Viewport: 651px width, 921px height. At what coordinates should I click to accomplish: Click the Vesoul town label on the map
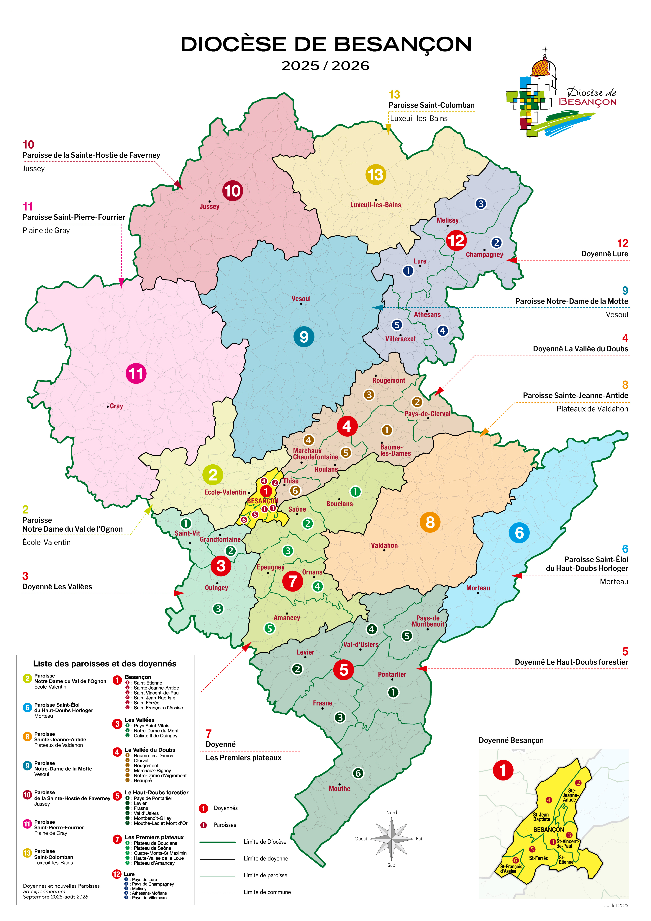click(301, 299)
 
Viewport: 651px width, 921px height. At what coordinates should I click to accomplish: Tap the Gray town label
click(116, 406)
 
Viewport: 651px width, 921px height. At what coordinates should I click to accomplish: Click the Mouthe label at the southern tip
click(340, 789)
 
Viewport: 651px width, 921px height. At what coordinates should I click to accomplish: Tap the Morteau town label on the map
click(478, 588)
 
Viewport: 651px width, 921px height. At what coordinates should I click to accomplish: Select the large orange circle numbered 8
click(430, 522)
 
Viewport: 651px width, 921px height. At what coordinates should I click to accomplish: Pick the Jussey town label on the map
click(209, 207)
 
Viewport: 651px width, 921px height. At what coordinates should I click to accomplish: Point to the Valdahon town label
click(384, 546)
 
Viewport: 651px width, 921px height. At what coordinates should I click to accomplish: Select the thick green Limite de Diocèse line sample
click(217, 842)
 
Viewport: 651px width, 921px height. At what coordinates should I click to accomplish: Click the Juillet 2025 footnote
click(616, 905)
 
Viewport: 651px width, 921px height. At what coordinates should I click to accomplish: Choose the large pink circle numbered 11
click(136, 373)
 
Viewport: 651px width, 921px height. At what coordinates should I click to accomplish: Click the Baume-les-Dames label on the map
click(395, 450)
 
